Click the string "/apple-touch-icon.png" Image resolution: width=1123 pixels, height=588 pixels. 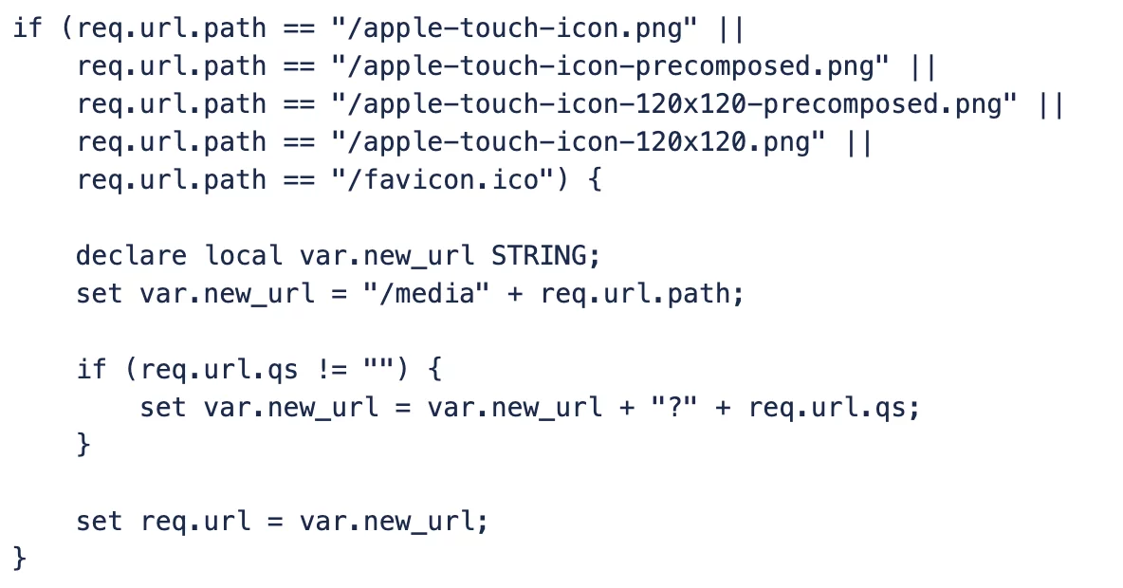coord(514,28)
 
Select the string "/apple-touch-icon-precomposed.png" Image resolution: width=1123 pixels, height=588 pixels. coord(610,66)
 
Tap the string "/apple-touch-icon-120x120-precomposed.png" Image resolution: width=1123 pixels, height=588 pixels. coord(674,104)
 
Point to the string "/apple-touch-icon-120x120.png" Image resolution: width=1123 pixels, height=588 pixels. coord(578,142)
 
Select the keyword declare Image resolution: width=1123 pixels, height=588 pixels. coord(131,256)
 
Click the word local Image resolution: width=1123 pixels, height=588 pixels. coord(244,256)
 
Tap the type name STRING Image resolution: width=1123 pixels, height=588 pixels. coord(538,256)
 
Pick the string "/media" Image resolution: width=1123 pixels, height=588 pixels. coord(426,294)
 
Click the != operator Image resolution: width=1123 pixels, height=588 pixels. coord(332,370)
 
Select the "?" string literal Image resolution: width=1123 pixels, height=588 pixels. coord(674,408)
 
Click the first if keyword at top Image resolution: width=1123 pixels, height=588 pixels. coord(28,28)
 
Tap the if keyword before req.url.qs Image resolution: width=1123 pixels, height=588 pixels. coord(92,370)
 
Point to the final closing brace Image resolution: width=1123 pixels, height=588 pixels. coord(20,558)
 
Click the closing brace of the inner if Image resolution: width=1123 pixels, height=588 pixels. coord(83,445)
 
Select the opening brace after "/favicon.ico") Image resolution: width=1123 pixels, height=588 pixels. coord(594,180)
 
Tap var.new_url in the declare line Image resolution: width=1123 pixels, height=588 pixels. coord(387,256)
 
